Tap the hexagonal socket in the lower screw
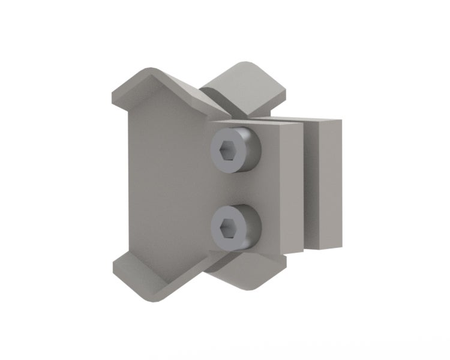click(x=227, y=226)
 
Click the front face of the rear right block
click(x=327, y=183)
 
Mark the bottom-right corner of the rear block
click(x=340, y=247)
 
